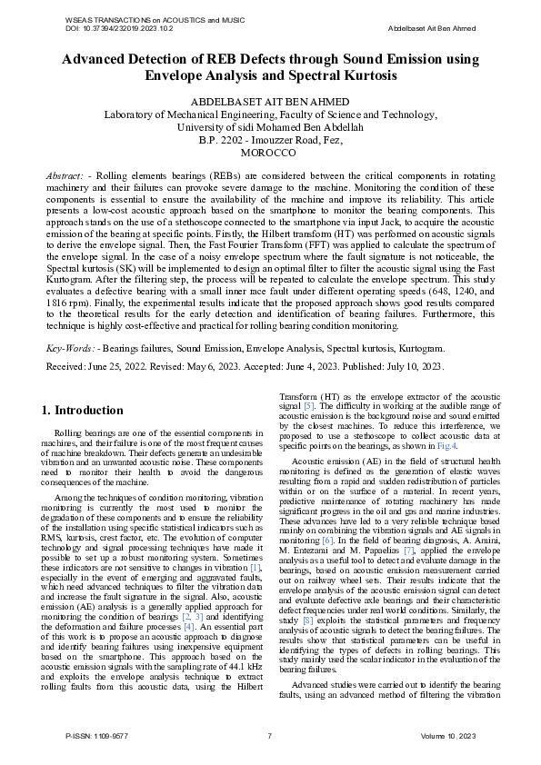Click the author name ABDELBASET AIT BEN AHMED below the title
pos(270,101)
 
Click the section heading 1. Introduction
pos(83,410)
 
